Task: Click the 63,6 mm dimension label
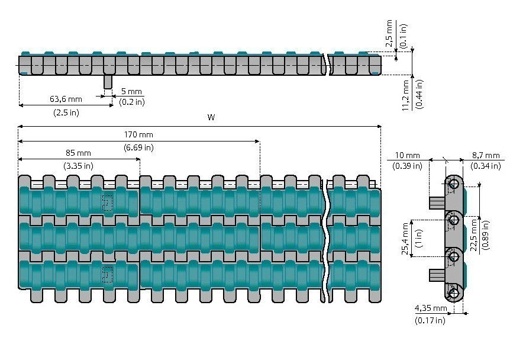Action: (66, 98)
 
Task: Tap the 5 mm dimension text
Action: (131, 92)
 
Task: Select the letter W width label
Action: (211, 118)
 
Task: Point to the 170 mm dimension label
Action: (138, 134)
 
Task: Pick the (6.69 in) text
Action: (138, 147)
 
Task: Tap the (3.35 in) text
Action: (78, 166)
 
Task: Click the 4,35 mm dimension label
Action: (430, 308)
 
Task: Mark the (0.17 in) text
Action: (430, 320)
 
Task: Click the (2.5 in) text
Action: (66, 112)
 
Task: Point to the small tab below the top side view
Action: (108, 82)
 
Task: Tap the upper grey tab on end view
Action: (437, 202)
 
